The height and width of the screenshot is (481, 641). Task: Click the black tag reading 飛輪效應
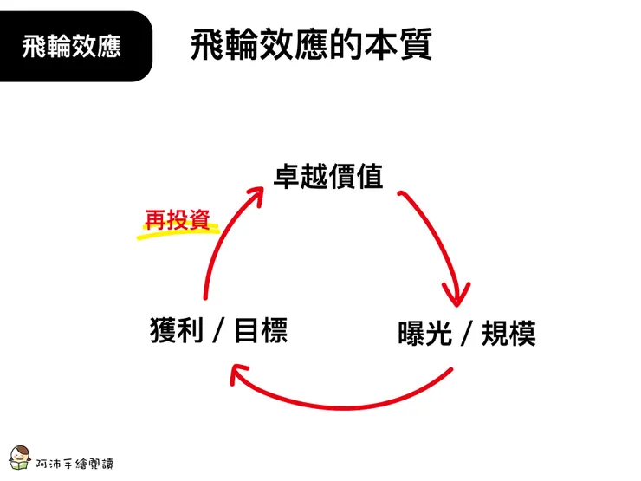pyautogui.click(x=73, y=46)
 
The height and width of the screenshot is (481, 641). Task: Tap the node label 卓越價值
pyautogui.click(x=328, y=177)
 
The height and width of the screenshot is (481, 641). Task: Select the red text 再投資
pyautogui.click(x=177, y=219)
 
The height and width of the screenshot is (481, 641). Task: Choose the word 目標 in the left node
pyautogui.click(x=261, y=330)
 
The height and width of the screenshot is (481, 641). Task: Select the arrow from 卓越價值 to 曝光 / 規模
pyautogui.click(x=441, y=234)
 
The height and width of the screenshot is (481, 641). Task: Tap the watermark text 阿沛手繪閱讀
pyautogui.click(x=74, y=463)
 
